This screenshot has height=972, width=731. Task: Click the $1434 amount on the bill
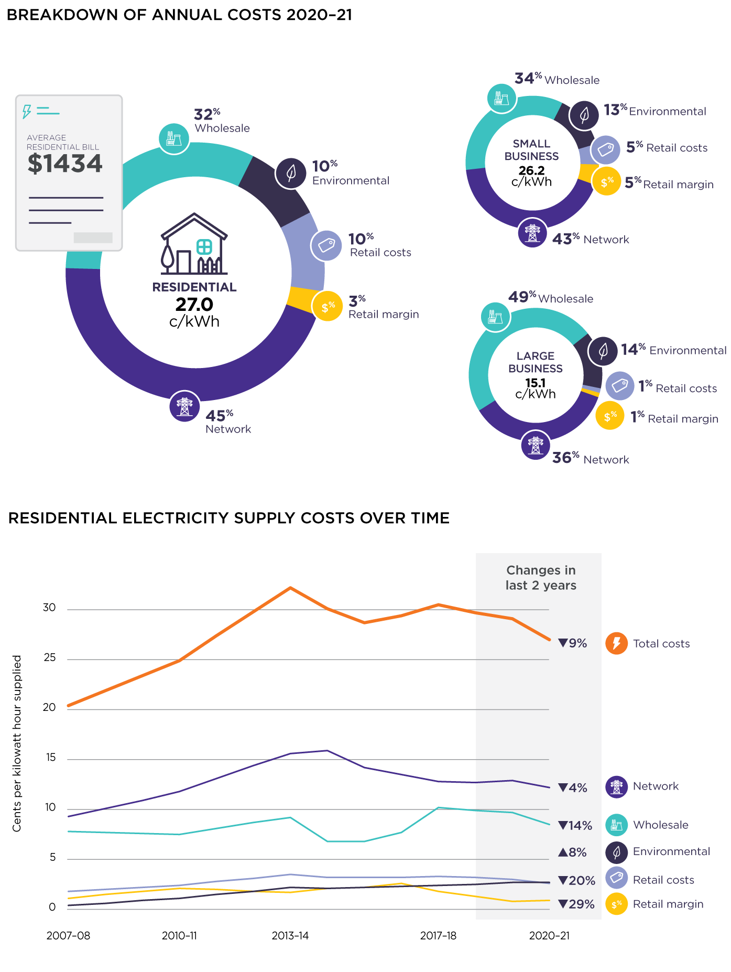[x=65, y=164]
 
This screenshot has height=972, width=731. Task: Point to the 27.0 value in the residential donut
[x=194, y=305]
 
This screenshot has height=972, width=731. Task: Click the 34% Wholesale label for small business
[x=557, y=79]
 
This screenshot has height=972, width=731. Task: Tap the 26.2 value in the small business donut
[x=531, y=170]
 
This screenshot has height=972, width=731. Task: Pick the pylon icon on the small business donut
[x=532, y=232]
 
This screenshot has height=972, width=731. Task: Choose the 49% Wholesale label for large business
[x=550, y=298]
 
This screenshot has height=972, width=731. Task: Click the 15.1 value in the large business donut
[x=535, y=383]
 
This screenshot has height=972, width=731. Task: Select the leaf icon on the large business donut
[x=603, y=351]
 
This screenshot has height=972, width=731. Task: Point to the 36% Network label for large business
[x=590, y=459]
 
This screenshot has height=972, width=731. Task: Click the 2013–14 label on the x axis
[x=290, y=936]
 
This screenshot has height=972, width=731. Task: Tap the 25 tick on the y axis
[x=50, y=658]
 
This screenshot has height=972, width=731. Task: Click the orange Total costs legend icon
[x=616, y=643]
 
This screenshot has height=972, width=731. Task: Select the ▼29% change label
[x=576, y=904]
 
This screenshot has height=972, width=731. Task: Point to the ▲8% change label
[x=572, y=852]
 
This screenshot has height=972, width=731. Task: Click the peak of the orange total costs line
[x=290, y=588]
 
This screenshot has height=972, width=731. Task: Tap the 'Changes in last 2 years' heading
[x=541, y=578]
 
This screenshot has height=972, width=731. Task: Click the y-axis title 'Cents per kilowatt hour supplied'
[x=17, y=743]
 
